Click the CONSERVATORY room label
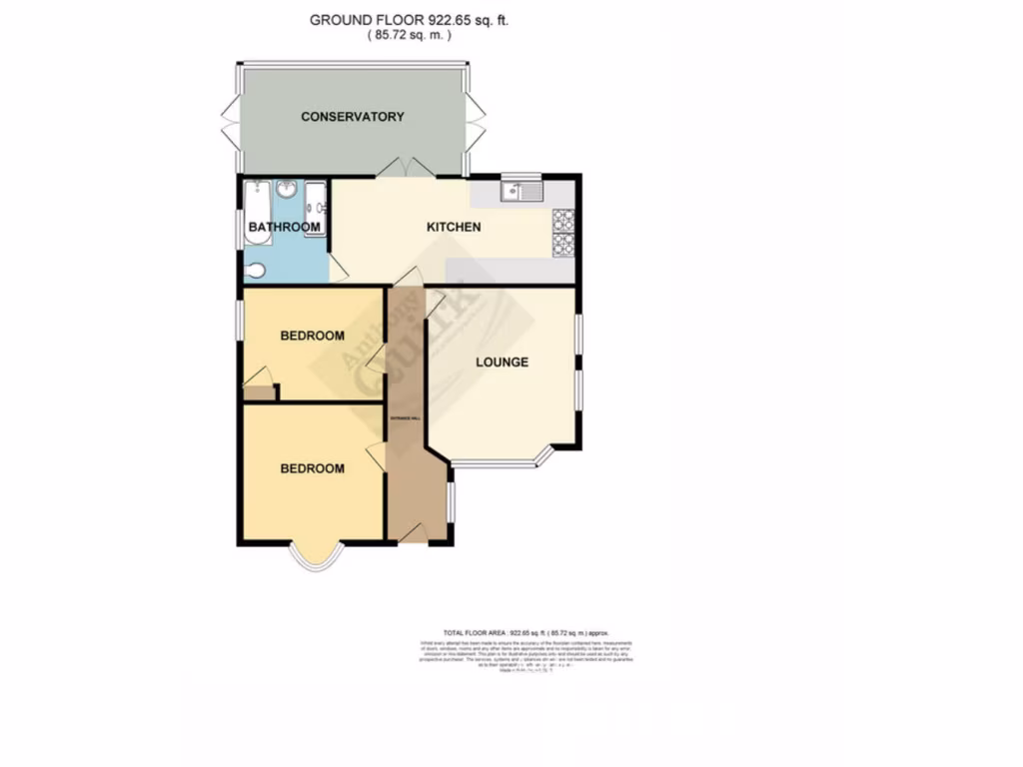(353, 117)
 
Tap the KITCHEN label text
(454, 227)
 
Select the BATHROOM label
(285, 227)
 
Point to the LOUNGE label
(502, 362)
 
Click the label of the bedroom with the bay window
(312, 468)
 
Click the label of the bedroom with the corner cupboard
(312, 336)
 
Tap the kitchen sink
(519, 189)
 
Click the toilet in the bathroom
(255, 269)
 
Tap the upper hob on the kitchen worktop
(561, 219)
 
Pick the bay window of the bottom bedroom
(312, 560)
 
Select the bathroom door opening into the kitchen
(337, 267)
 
